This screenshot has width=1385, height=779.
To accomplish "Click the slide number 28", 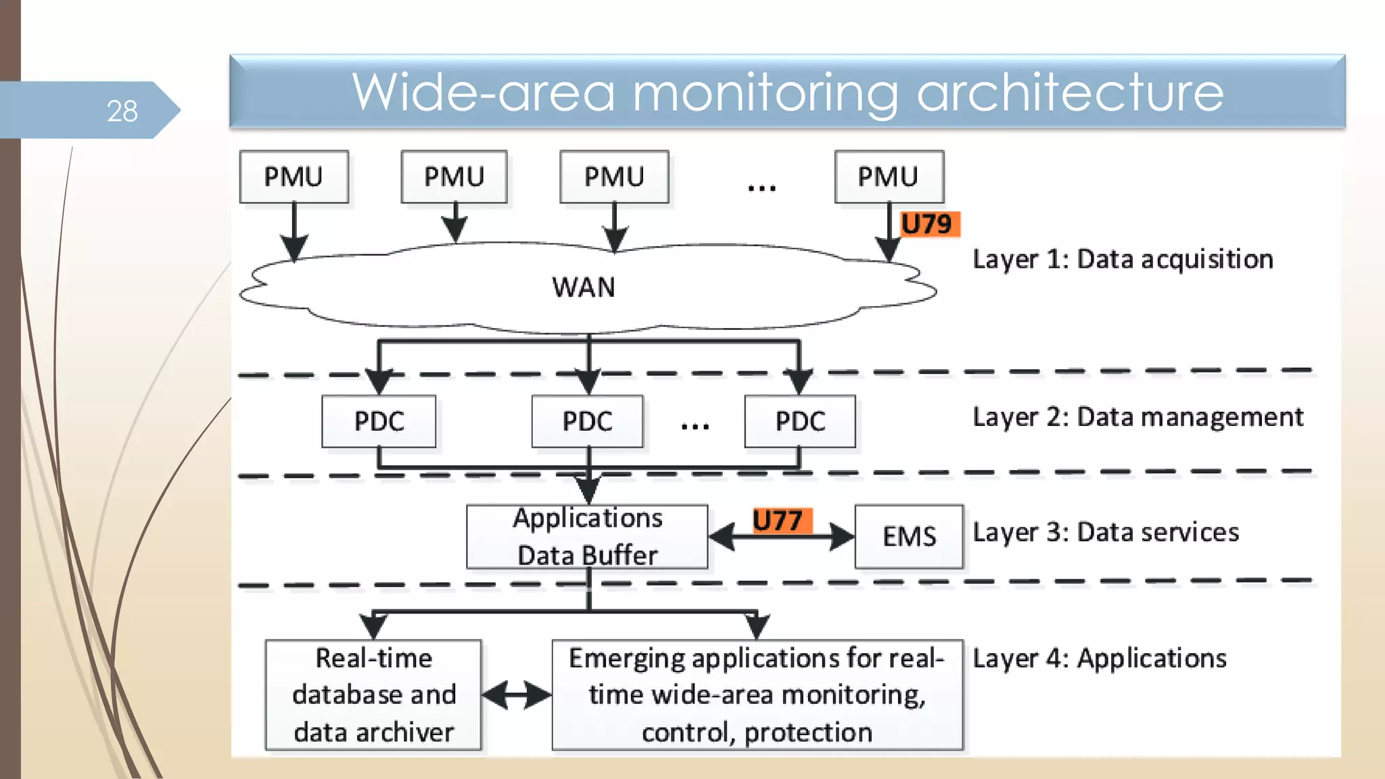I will point(122,111).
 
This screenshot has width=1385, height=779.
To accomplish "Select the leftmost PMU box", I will point(294,177).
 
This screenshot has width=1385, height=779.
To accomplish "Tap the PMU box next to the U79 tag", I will point(889,177).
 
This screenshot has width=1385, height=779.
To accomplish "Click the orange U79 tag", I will point(928,224).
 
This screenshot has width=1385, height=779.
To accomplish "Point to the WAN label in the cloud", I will point(584,287).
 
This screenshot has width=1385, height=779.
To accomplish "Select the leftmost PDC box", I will point(379,421).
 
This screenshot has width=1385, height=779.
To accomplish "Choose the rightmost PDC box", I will point(800,421).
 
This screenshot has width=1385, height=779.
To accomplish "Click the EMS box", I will point(909,536).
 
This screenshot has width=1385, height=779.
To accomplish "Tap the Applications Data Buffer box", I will point(587,536).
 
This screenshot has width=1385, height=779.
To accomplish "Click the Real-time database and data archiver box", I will point(373,695).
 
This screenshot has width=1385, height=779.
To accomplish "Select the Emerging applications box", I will point(757,695).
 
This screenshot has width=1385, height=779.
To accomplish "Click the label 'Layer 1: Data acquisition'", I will point(1123,260).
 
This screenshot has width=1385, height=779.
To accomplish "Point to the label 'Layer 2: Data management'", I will point(1137,417).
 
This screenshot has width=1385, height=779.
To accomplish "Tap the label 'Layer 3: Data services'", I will point(1106,532).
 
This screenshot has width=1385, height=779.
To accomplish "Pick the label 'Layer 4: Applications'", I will point(1100,658).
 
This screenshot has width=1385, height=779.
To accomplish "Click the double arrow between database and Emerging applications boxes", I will point(517,695).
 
